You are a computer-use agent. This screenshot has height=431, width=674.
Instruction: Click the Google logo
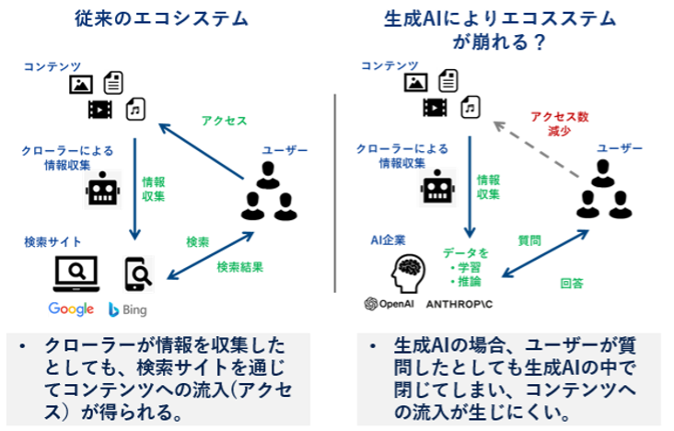(x=71, y=309)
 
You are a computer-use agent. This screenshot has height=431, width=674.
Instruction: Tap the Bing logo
(x=127, y=309)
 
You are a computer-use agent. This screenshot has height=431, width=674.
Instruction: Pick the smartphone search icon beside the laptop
(x=138, y=273)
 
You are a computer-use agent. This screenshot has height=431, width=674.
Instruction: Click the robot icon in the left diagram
(x=103, y=191)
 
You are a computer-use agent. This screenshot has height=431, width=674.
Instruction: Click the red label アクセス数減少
(x=559, y=123)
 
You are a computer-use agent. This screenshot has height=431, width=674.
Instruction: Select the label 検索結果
(x=240, y=267)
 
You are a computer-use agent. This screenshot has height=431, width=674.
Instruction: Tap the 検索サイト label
(x=53, y=241)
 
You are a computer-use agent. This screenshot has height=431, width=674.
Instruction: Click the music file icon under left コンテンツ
(x=135, y=110)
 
